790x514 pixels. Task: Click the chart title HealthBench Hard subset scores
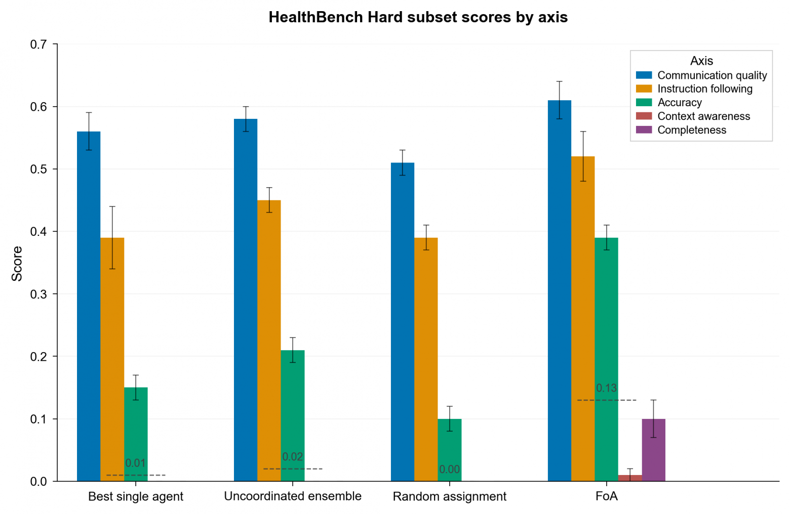click(x=418, y=17)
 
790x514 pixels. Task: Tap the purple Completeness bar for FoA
click(x=653, y=450)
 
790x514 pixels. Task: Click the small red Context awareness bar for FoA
click(x=630, y=478)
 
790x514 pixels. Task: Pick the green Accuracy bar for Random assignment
click(x=450, y=450)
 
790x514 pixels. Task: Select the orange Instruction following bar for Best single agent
click(x=112, y=359)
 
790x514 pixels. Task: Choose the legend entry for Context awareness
click(x=703, y=116)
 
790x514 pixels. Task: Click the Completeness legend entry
click(x=691, y=130)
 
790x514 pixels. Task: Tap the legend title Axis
click(x=701, y=61)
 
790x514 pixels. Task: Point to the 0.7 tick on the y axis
click(x=38, y=45)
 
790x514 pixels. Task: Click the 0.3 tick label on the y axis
click(x=38, y=294)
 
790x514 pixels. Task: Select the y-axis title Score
click(x=17, y=263)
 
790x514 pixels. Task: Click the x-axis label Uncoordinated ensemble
click(x=293, y=496)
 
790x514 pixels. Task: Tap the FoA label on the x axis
click(x=607, y=496)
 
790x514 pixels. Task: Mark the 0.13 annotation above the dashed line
click(x=606, y=388)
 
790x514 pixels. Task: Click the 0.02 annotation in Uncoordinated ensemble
click(x=293, y=457)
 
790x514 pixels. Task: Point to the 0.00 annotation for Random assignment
click(x=450, y=469)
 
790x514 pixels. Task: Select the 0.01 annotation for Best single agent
click(x=135, y=463)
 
